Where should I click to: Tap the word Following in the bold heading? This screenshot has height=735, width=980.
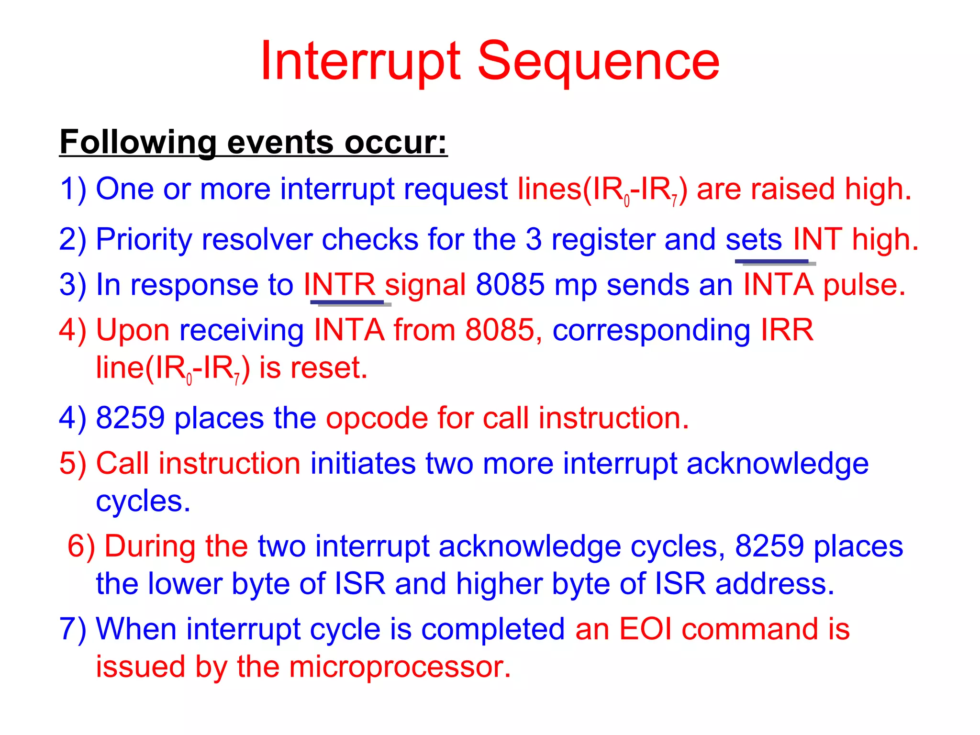click(138, 142)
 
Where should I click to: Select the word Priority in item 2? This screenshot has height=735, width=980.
click(144, 239)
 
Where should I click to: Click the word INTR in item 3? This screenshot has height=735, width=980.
click(340, 285)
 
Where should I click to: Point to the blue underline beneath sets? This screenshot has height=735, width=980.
click(772, 262)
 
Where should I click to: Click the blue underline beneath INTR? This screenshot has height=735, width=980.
click(347, 302)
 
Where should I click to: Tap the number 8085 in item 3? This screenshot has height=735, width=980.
click(510, 285)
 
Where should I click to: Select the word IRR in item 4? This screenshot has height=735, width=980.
click(787, 330)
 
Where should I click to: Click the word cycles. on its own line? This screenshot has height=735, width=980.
click(143, 501)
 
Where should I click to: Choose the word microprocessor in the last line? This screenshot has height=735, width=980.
click(400, 667)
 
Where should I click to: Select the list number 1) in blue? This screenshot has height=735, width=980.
click(73, 189)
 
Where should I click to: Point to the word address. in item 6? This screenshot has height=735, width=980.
click(775, 584)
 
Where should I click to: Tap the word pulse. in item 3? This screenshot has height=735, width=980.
click(864, 285)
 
